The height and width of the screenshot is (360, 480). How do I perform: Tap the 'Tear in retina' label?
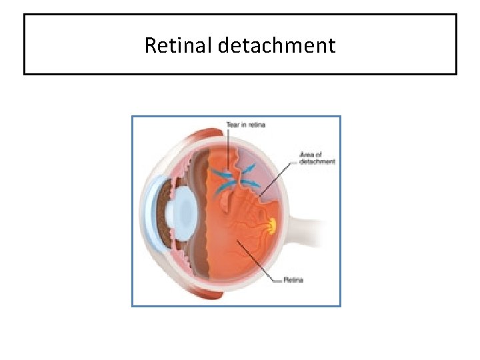point(245,125)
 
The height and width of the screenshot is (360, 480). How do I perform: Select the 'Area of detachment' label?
point(317,158)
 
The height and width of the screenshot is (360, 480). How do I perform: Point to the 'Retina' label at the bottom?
point(293,280)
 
